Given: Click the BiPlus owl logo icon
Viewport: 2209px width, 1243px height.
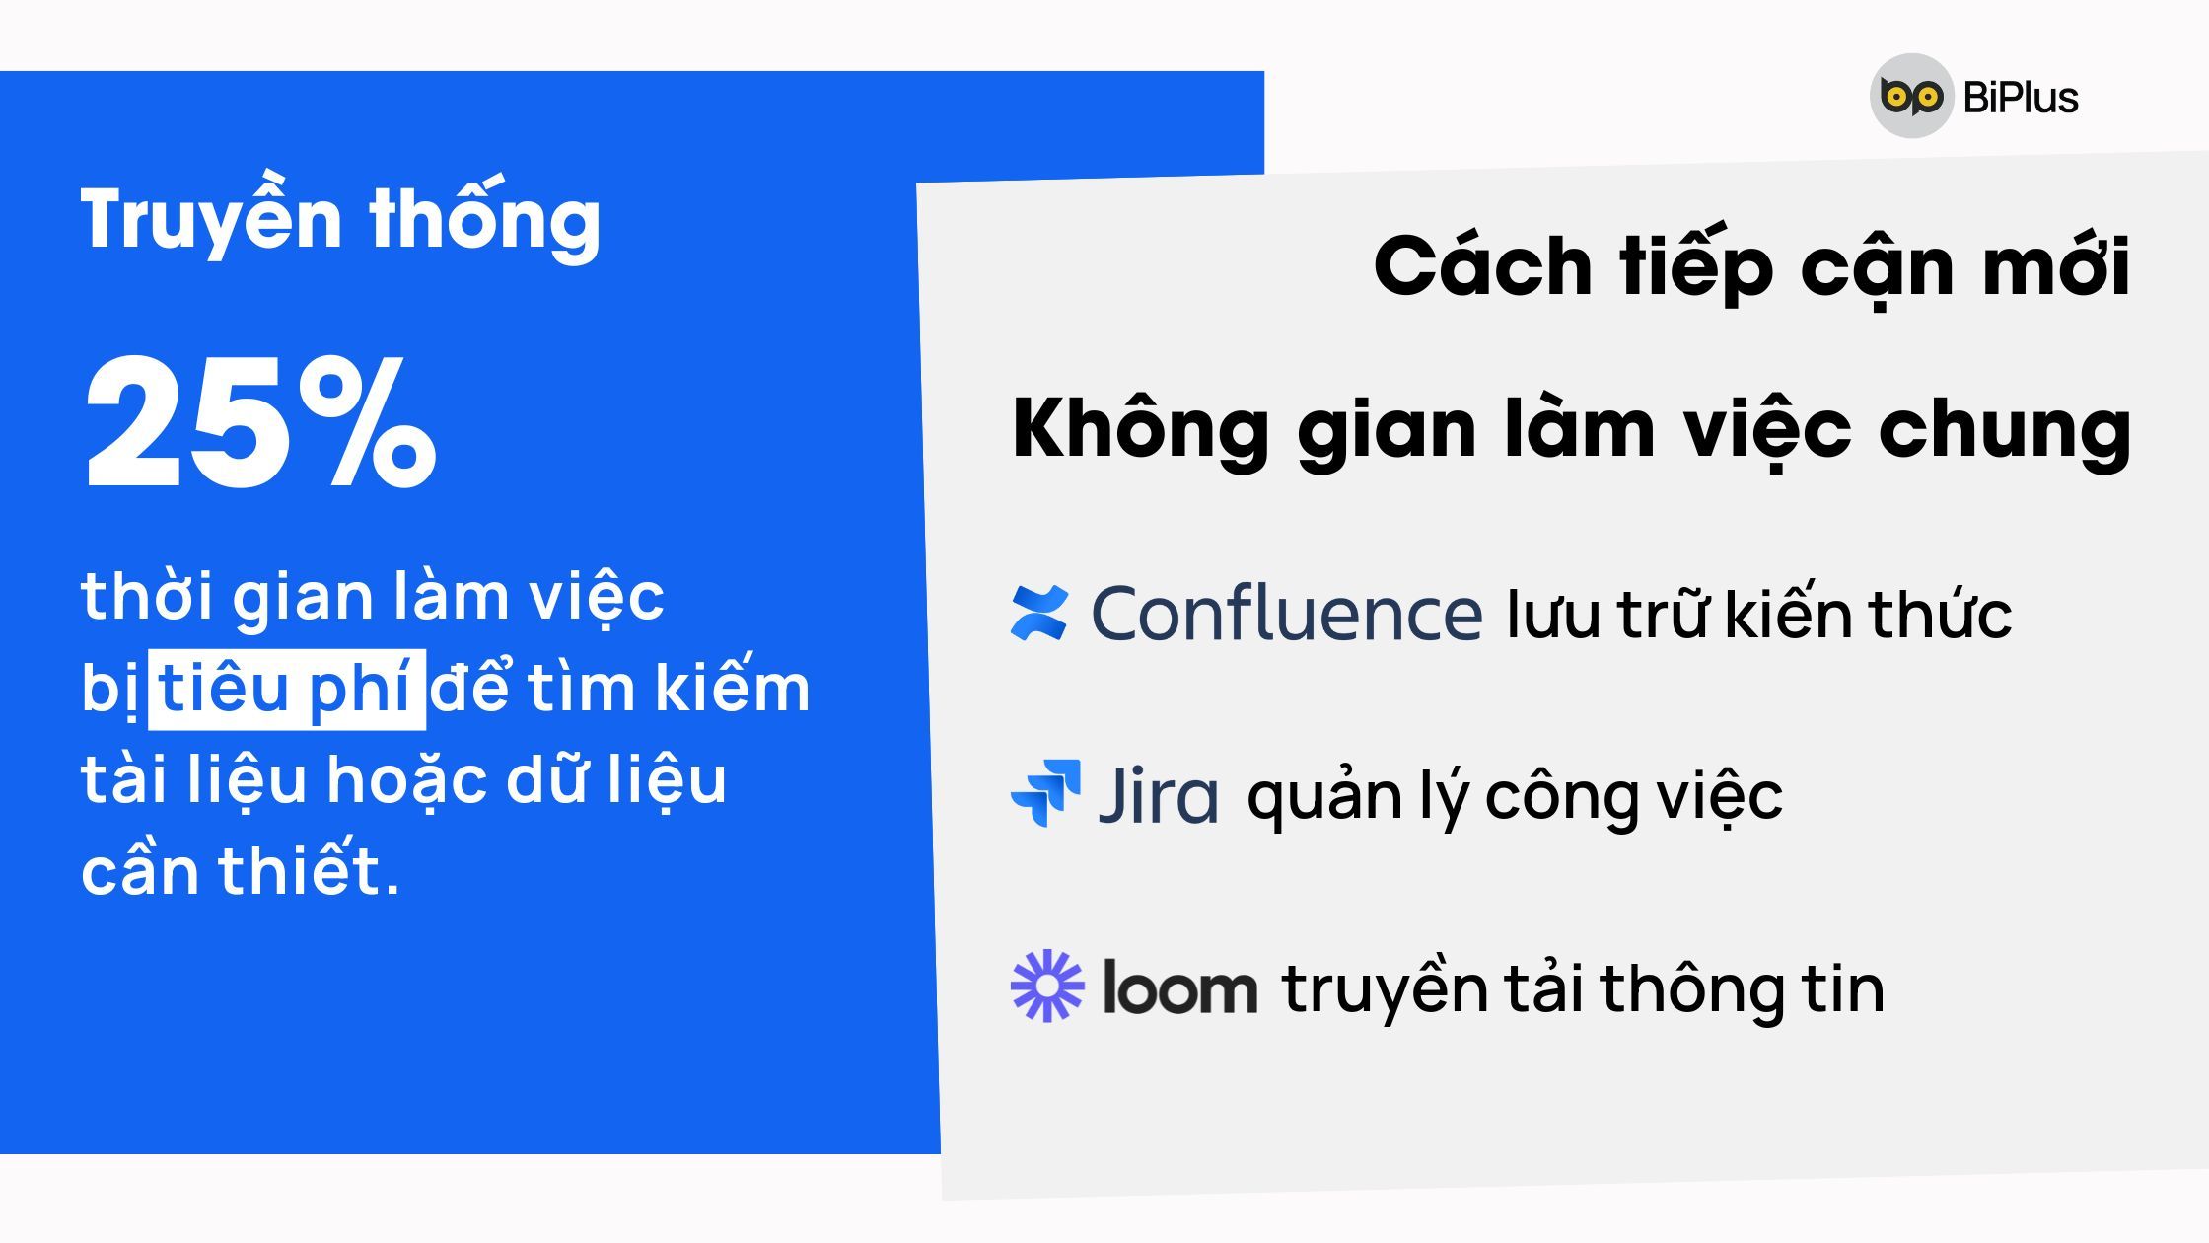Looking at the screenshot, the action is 1911,96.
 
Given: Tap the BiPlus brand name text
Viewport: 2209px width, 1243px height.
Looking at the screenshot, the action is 2021,98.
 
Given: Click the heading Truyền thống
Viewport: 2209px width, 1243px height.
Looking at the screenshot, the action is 340,219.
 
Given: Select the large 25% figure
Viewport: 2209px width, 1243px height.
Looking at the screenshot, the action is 260,422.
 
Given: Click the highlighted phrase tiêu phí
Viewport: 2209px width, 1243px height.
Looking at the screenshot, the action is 286,690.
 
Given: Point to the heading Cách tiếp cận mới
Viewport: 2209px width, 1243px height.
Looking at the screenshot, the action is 1752,267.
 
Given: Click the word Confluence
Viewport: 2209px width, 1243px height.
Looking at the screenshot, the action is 1286,614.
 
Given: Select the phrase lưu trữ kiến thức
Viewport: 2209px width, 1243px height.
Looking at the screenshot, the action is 1759,614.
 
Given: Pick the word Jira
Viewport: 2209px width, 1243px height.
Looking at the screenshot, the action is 1158,795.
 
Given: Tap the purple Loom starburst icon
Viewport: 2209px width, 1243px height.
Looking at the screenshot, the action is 1047,986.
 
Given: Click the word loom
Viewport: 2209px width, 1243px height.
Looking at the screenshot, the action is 1179,987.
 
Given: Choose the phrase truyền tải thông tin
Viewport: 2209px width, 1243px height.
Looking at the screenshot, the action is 1583,988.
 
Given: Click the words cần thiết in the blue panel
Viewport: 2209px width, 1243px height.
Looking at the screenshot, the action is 241,870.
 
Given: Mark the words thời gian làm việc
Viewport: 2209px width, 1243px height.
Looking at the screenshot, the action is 373,597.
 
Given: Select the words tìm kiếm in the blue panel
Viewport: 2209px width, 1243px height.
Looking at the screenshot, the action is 669,688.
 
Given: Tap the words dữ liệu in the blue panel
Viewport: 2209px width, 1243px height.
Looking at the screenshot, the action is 616,780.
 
